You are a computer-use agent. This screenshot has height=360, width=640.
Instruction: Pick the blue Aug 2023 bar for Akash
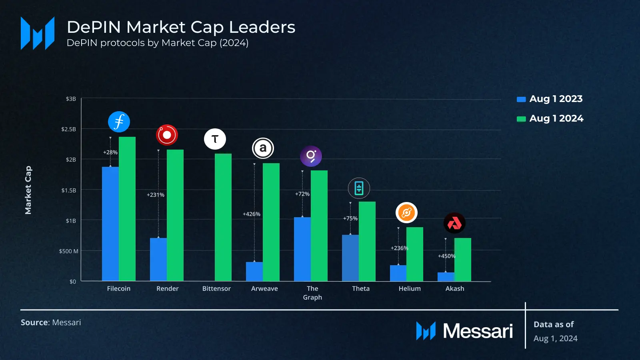pos(446,276)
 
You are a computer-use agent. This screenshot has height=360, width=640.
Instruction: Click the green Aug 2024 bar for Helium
pos(415,254)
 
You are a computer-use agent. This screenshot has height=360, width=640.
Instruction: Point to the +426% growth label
pos(252,214)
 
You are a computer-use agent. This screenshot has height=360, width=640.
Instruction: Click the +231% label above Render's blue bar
pos(156,195)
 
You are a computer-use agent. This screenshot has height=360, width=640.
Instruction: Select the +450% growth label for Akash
pos(446,256)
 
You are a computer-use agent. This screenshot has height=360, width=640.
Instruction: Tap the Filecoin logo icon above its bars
pos(119,122)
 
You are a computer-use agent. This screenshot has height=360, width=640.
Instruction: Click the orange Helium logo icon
pos(406,213)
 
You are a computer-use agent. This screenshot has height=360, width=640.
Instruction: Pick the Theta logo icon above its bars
pos(359,188)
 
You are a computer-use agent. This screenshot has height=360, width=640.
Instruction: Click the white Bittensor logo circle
pos(215,139)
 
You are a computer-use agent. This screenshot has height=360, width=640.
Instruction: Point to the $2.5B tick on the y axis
pos(68,129)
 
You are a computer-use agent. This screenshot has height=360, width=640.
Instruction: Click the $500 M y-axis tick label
pos(69,251)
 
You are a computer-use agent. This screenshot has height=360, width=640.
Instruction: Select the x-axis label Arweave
pos(264,288)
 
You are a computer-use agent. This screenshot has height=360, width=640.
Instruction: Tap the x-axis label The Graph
pos(312,293)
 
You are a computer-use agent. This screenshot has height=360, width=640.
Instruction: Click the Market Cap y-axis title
pos(28,190)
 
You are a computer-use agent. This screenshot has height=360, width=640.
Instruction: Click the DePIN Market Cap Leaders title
pos(181,27)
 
